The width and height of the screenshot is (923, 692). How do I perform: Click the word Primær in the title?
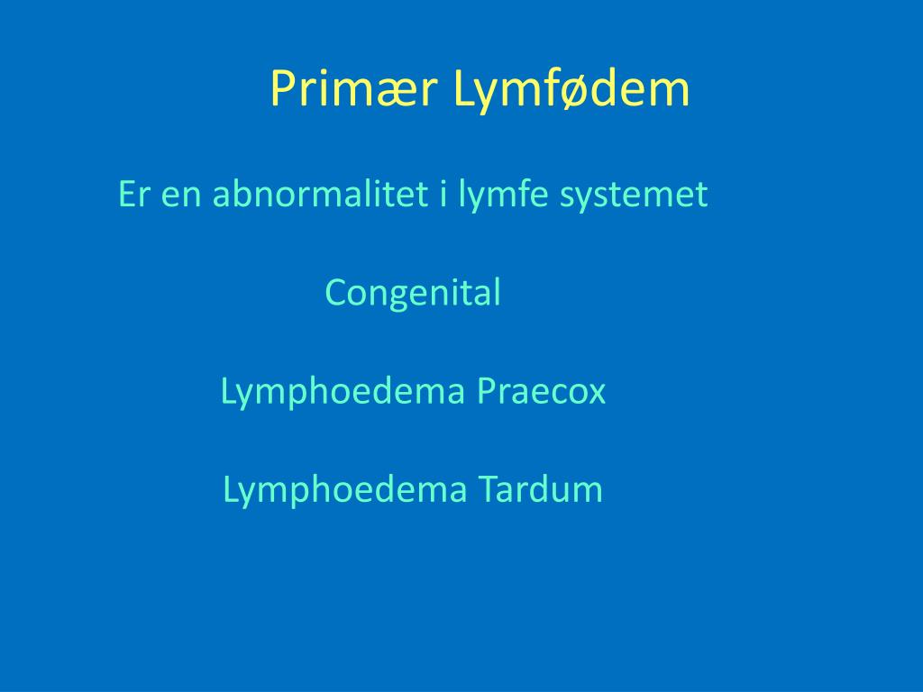pyautogui.click(x=353, y=88)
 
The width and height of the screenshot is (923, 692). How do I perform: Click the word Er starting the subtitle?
pyautogui.click(x=133, y=194)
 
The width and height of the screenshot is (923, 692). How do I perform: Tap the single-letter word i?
pyautogui.click(x=443, y=194)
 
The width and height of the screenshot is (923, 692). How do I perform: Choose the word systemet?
pyautogui.click(x=634, y=196)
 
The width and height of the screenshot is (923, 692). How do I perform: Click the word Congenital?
pyautogui.click(x=413, y=293)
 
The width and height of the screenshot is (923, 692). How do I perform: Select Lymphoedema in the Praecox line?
pyautogui.click(x=343, y=392)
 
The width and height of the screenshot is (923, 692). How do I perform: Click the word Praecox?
pyautogui.click(x=542, y=391)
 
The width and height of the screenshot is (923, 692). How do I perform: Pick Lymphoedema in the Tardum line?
pyautogui.click(x=345, y=490)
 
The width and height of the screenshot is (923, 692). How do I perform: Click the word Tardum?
pyautogui.click(x=541, y=489)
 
